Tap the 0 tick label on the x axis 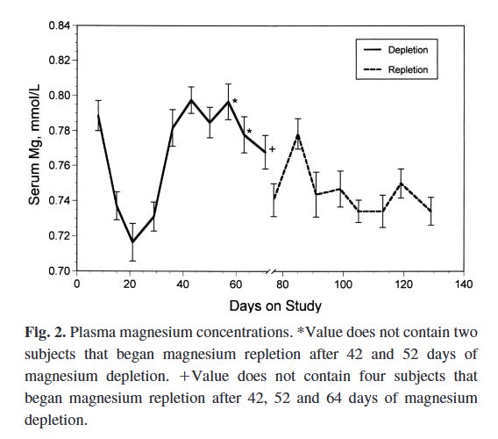tap(77, 284)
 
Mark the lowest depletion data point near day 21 tap(132, 241)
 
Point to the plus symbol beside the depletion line tap(273, 149)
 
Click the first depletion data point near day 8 tap(98, 115)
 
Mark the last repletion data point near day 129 tap(430, 211)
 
